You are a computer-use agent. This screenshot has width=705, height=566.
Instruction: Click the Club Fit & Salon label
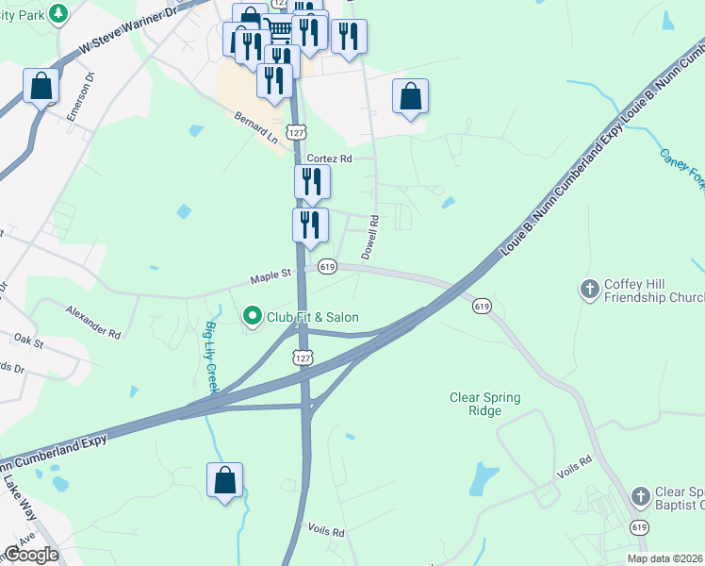coord(312,317)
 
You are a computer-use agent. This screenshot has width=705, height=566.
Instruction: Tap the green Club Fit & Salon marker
coord(252,316)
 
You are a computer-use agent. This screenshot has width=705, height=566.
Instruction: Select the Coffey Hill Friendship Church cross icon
coord(590,289)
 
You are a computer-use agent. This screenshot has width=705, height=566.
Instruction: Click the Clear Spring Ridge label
coord(484,405)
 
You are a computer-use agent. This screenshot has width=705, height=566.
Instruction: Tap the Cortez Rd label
coord(327,158)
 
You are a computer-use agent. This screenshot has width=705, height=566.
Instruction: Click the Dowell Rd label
coord(370,238)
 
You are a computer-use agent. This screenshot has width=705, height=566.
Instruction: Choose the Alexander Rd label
coord(92,321)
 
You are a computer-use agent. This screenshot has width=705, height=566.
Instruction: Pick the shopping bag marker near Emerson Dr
coord(41,87)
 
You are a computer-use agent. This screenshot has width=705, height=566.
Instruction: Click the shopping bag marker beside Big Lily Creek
coord(225,480)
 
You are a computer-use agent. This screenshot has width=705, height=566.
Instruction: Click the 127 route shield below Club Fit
coord(302,358)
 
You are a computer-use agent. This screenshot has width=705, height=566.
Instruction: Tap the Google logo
coord(30,555)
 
